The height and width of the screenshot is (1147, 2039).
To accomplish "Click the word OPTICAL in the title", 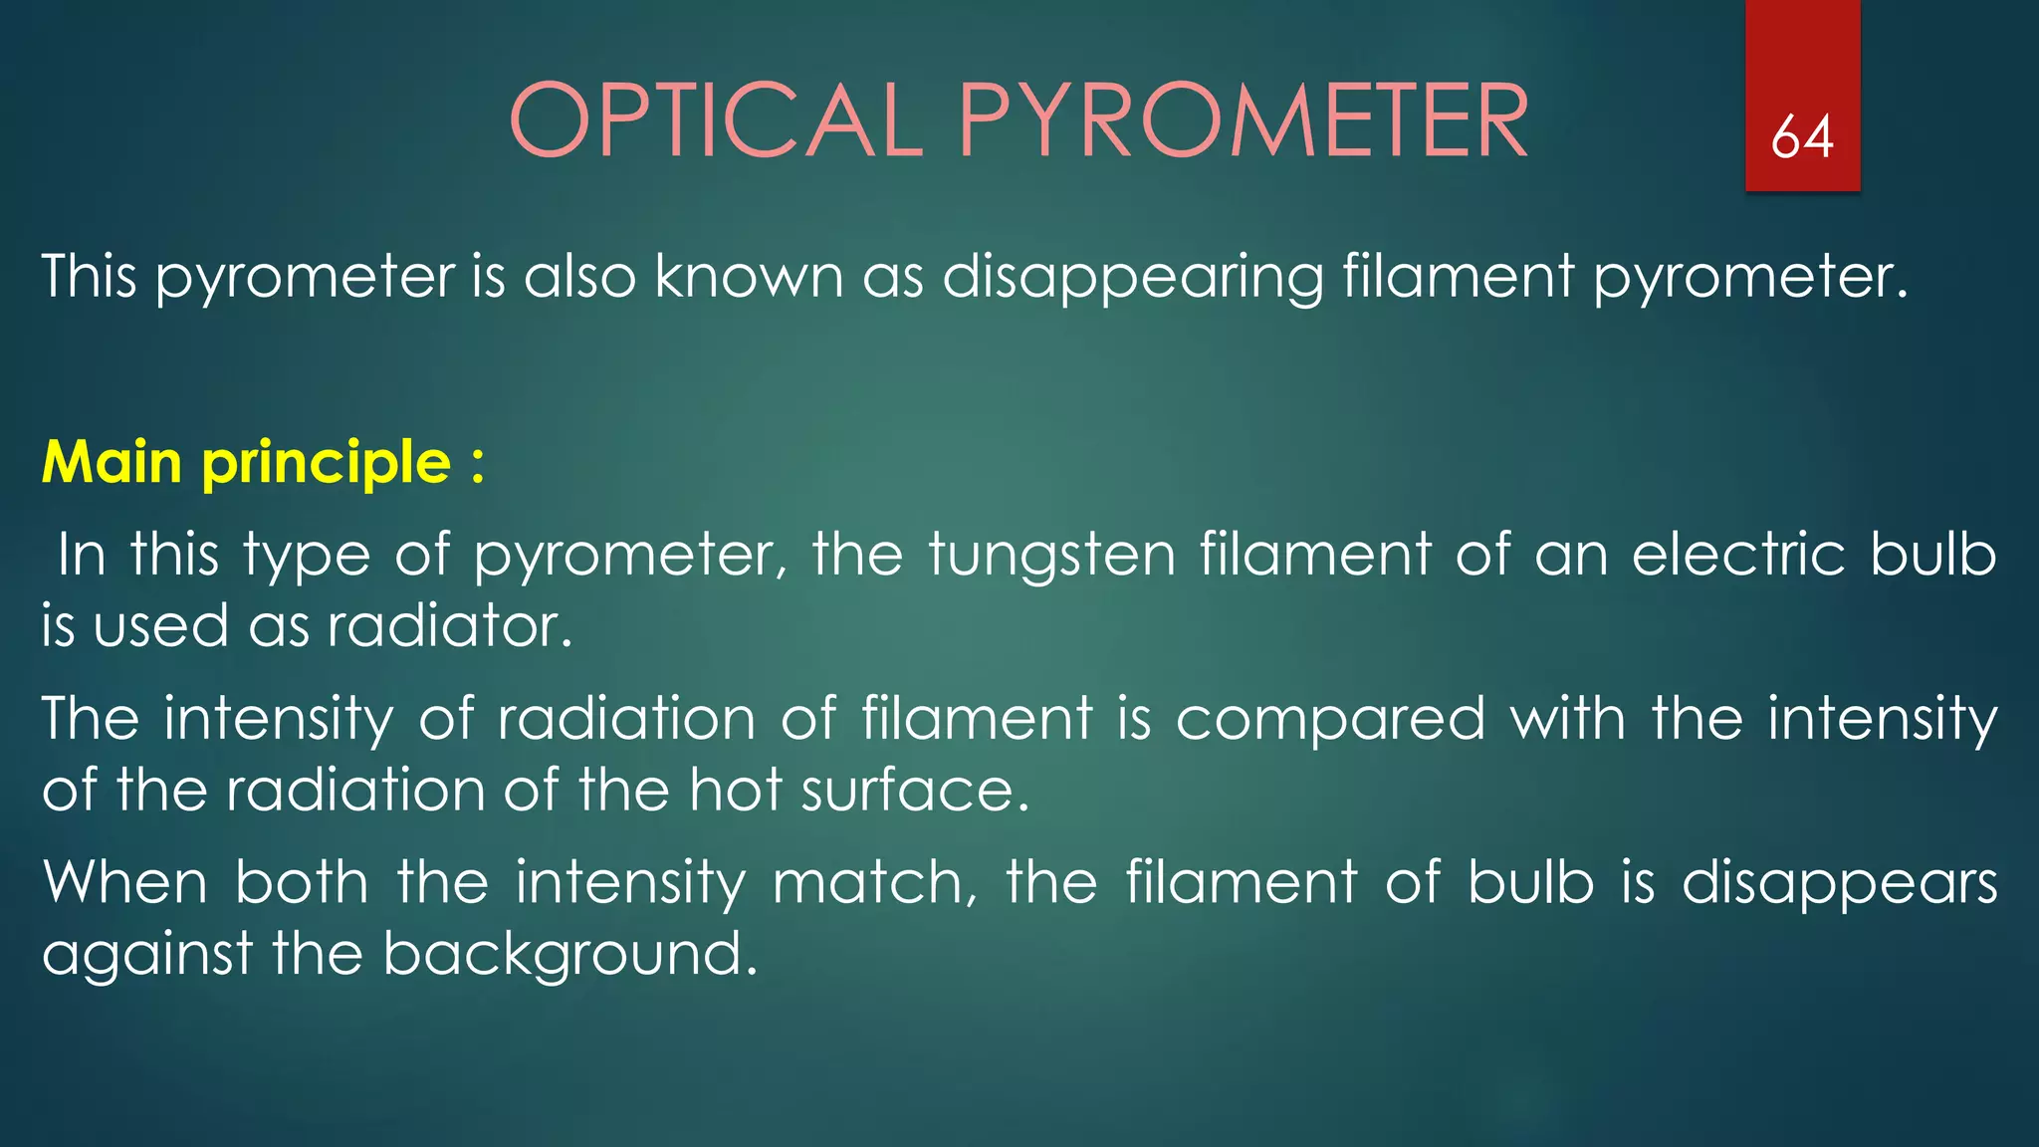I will (x=716, y=121).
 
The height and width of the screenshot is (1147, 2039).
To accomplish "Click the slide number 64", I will (x=1802, y=136).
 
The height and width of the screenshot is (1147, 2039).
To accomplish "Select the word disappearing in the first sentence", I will (x=1132, y=277).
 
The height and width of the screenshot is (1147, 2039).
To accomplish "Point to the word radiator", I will (x=450, y=626).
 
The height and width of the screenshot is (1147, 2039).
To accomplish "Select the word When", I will (x=125, y=882).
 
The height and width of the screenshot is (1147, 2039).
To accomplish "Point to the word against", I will (x=147, y=955).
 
